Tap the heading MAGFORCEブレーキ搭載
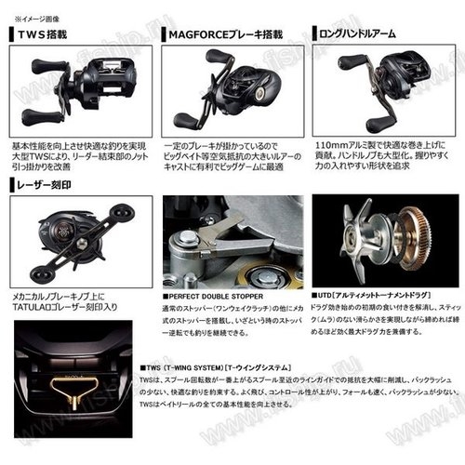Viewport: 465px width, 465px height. click(223, 33)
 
